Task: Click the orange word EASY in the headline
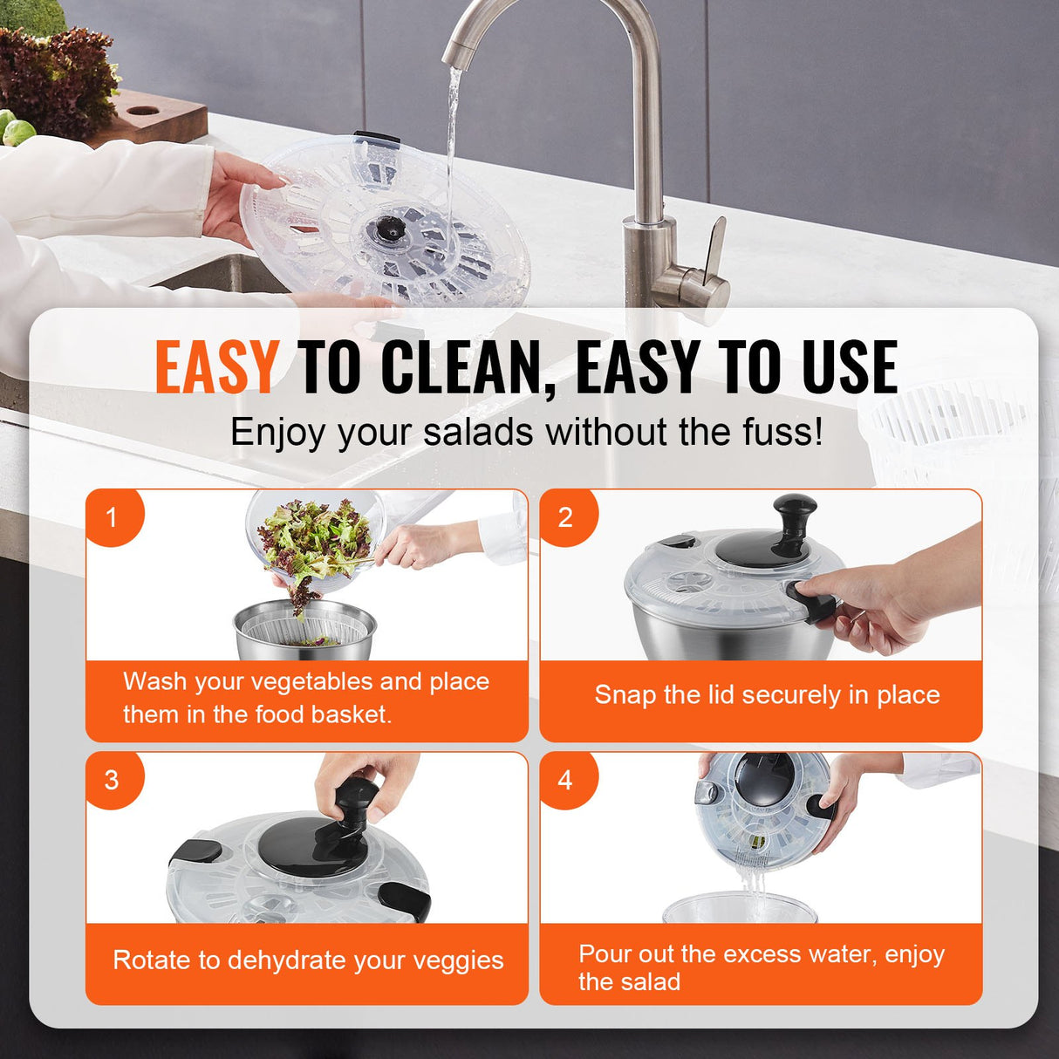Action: (216, 367)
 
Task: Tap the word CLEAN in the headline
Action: (466, 367)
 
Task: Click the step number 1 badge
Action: (112, 517)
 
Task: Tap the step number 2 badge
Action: (565, 517)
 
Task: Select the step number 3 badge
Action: (112, 780)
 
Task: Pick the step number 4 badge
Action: (565, 780)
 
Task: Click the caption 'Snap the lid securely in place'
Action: (767, 695)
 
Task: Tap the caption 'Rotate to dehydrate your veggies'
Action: (308, 960)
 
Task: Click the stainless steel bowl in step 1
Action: (305, 631)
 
